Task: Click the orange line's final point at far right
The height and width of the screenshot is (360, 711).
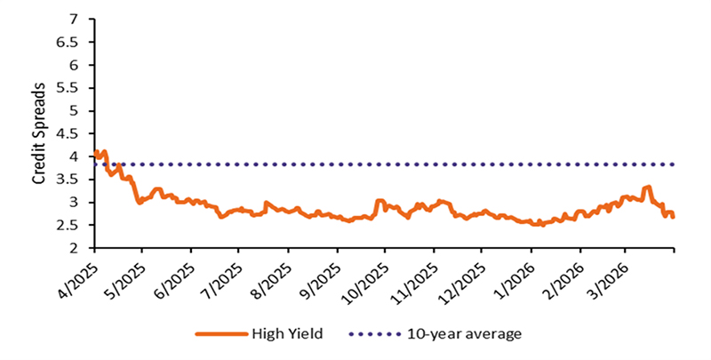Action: pos(673,217)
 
